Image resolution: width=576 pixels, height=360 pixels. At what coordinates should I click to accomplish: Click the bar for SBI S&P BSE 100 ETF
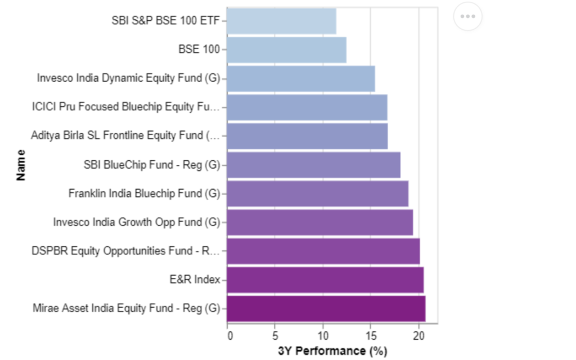pos(281,21)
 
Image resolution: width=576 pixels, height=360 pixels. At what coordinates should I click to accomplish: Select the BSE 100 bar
pos(286,49)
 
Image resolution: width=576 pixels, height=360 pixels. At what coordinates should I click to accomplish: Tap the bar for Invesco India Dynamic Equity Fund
pos(301,78)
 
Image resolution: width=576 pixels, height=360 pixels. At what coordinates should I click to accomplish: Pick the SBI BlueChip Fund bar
pos(314,165)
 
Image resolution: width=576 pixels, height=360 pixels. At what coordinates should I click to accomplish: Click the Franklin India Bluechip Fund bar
pos(318,193)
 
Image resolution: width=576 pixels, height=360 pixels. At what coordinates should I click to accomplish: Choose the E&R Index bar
pos(325,280)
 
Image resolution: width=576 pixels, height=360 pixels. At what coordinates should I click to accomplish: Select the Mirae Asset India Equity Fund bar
pos(326,309)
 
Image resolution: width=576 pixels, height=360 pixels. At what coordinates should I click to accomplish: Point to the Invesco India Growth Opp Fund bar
pos(320,222)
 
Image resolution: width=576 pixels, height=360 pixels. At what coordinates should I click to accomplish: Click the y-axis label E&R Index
pos(195,280)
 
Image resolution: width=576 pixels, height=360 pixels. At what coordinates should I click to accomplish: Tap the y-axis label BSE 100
pos(199,49)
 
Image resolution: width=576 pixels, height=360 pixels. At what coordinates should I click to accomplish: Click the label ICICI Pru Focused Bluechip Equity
pos(125,106)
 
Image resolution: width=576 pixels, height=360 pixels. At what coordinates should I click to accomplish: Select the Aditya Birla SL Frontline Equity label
pos(125,136)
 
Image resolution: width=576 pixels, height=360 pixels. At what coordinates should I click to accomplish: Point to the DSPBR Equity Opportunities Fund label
pos(125,251)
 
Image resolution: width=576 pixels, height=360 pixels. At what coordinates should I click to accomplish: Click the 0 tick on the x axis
pos(230,336)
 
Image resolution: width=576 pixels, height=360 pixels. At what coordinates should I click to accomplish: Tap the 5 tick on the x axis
pos(275,336)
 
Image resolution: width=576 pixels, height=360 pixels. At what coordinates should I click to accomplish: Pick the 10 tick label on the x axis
pos(323,336)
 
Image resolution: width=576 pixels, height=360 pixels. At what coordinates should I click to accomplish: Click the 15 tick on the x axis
pos(371,336)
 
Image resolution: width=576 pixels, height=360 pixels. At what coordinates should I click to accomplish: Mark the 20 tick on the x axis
pos(418,336)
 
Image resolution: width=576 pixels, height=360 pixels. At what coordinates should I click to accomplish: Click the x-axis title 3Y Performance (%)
pos(333,351)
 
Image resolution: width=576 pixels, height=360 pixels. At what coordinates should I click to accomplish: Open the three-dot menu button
pos(467,16)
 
